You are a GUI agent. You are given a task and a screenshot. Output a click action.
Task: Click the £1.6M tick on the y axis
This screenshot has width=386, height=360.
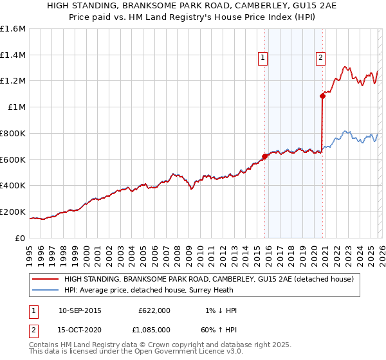[x=13, y=29]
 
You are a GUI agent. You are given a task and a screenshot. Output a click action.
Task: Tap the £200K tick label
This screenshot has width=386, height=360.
[x=13, y=212]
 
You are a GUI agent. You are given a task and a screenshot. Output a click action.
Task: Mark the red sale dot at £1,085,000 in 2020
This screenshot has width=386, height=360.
[x=322, y=96]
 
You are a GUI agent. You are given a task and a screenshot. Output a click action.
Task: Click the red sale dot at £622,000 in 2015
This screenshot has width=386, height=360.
[x=264, y=156]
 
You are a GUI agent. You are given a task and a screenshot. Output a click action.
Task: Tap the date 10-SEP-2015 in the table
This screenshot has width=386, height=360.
[x=80, y=310]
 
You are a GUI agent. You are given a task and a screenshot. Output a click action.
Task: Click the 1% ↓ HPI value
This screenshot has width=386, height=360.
[x=219, y=310]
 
